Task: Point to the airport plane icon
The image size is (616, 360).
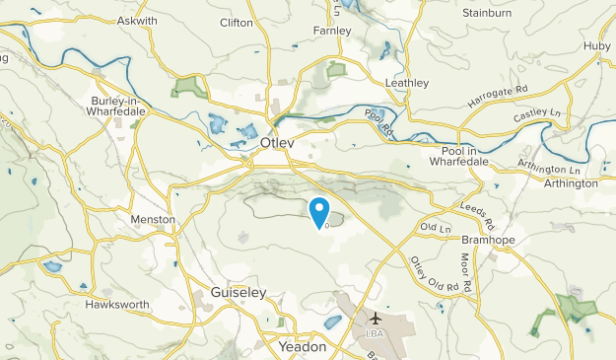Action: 376,319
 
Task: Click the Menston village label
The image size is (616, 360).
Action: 153,219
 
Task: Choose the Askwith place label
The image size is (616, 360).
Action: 137,21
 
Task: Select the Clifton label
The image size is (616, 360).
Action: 238,22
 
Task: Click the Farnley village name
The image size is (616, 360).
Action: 331,31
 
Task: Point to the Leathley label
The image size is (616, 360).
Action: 407,84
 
